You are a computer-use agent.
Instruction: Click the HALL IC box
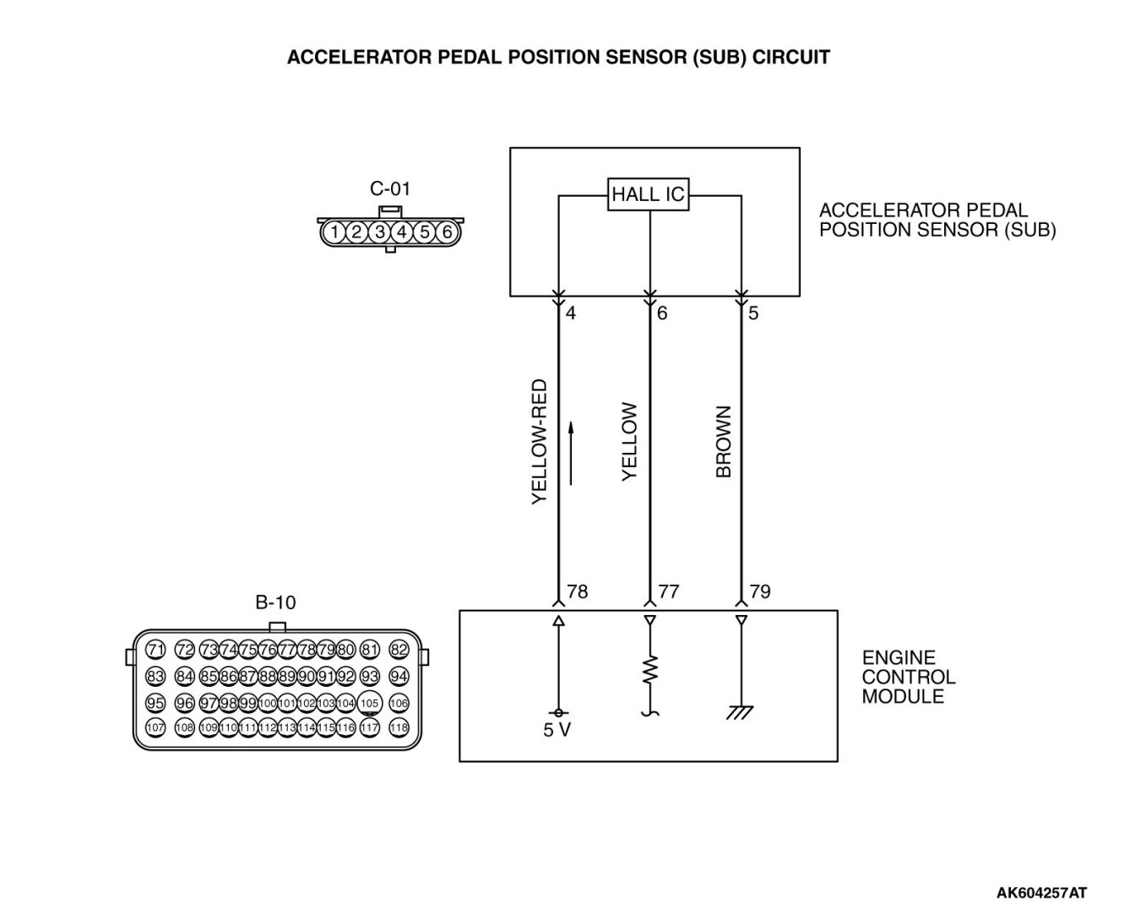[649, 195]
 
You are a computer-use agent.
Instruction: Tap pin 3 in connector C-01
[380, 231]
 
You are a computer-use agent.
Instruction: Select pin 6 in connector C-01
[448, 231]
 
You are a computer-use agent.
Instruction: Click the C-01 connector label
[390, 188]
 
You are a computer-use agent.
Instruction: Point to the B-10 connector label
[275, 602]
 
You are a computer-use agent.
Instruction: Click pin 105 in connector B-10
[369, 703]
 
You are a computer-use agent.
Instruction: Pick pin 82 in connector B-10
[399, 650]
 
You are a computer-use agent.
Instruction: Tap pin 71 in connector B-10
[155, 650]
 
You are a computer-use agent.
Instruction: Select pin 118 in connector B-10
[399, 727]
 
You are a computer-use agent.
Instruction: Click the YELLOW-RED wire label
[540, 442]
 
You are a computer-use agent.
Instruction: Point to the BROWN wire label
[724, 442]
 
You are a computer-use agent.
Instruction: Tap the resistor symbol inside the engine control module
[649, 671]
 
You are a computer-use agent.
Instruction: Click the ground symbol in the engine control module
[741, 713]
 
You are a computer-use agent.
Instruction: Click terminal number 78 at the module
[578, 591]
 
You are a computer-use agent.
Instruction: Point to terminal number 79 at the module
[760, 591]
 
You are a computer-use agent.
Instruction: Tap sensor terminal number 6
[662, 313]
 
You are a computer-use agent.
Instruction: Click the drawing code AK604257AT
[1041, 892]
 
